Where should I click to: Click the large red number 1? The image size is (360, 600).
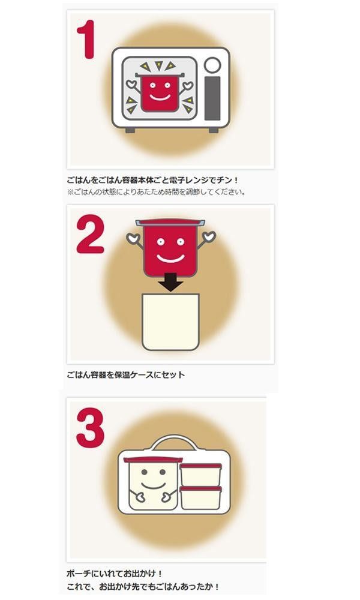tap(87, 40)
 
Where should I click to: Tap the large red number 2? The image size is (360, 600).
tap(90, 234)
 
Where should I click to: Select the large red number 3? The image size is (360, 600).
tap(90, 428)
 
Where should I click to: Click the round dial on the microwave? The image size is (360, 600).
tap(212, 65)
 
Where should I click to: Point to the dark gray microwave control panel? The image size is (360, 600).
tap(212, 98)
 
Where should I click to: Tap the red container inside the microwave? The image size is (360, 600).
tap(160, 92)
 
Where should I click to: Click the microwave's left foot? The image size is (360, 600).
tap(130, 130)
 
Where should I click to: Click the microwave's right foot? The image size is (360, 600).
tap(214, 130)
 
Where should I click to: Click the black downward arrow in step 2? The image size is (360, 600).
tap(170, 282)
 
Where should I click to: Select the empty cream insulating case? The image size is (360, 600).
tap(170, 322)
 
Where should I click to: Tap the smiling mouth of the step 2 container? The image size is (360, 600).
tap(170, 259)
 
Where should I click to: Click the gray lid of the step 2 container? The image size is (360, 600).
tap(170, 223)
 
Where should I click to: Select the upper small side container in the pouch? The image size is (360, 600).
tap(200, 475)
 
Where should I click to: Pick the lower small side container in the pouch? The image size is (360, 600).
tap(200, 498)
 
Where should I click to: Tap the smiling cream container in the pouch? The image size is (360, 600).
tap(153, 484)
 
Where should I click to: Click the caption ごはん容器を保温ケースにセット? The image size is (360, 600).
tap(126, 375)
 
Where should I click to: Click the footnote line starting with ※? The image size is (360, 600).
tap(156, 192)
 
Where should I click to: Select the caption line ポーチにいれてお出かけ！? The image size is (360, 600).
tap(115, 574)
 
